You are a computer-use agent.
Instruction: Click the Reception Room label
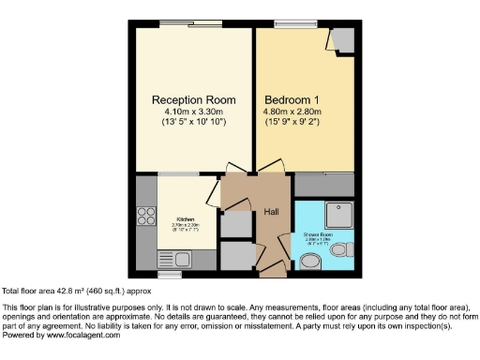point(193,99)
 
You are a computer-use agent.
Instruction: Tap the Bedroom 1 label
point(292,99)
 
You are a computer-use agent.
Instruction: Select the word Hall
point(272,211)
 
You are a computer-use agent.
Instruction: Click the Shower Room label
point(318,234)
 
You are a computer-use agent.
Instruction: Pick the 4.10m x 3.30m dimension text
point(193,112)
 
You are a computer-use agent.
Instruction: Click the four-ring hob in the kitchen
point(146,217)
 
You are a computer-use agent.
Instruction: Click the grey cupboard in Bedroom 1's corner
point(341,39)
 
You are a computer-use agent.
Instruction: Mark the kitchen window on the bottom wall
point(169,275)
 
